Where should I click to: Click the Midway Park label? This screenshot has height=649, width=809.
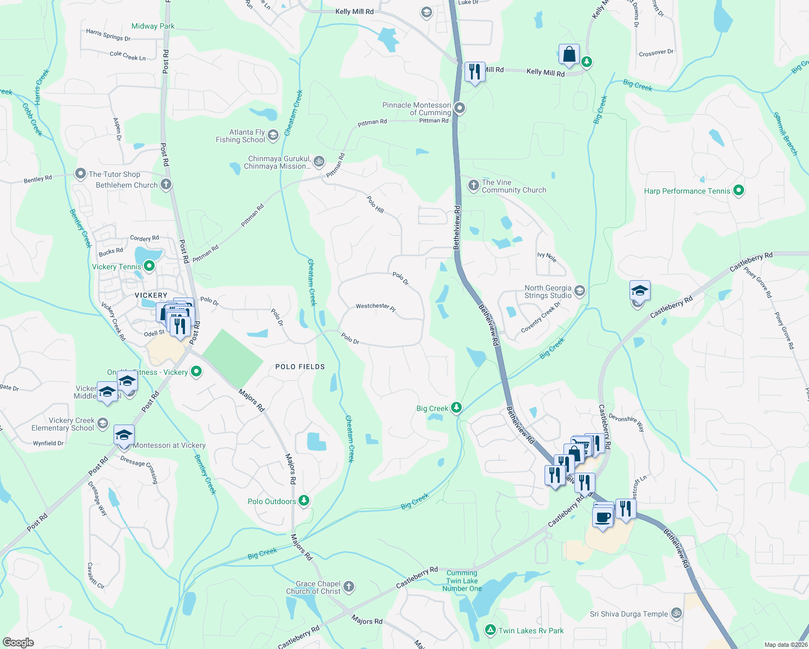click(152, 26)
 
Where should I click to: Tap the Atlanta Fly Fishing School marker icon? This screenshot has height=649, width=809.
click(273, 135)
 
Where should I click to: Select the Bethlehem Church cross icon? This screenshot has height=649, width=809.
click(166, 184)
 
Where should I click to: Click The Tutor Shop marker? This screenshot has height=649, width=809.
click(81, 174)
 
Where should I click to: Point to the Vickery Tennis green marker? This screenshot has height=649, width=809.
click(150, 266)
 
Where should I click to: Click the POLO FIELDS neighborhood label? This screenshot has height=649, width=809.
click(300, 367)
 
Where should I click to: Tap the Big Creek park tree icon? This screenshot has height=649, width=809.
click(456, 407)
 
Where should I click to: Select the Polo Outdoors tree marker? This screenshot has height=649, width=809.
click(304, 501)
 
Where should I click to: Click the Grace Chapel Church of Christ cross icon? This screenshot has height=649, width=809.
click(349, 586)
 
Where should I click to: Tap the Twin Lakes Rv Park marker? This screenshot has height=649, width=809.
click(490, 630)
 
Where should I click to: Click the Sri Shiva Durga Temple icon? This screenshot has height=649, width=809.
click(676, 613)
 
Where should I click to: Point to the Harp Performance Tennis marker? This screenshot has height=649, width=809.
click(739, 190)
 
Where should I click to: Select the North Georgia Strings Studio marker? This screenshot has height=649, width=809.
click(580, 291)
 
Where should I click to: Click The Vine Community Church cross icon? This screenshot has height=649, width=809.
click(473, 186)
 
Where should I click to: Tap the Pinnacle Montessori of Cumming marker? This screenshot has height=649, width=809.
click(460, 108)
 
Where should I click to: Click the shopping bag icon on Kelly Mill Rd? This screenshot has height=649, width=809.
click(569, 55)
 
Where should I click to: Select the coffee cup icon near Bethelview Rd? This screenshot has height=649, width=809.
click(602, 518)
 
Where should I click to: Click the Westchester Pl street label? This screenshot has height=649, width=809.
click(375, 307)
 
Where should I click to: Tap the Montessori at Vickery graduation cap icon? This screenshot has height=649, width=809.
click(124, 435)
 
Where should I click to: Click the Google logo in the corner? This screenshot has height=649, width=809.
click(18, 642)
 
